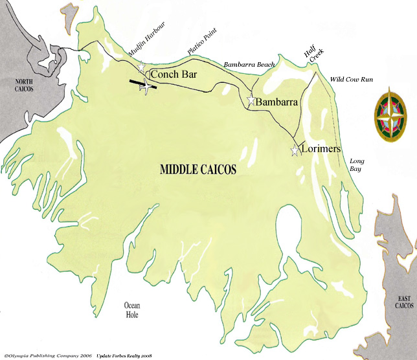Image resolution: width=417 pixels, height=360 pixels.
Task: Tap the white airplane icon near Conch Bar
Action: click(x=147, y=85)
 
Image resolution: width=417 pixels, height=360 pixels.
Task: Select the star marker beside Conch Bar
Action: click(x=142, y=67)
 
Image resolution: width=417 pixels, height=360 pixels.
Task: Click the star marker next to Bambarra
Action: click(x=251, y=100)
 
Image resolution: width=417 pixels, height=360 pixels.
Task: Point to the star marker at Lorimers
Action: click(x=295, y=151)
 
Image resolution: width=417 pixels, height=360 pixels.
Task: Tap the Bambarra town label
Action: click(x=276, y=102)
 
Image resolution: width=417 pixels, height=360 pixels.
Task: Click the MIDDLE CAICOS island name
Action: click(x=197, y=170)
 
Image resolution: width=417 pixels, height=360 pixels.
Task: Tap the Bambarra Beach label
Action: click(x=249, y=65)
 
